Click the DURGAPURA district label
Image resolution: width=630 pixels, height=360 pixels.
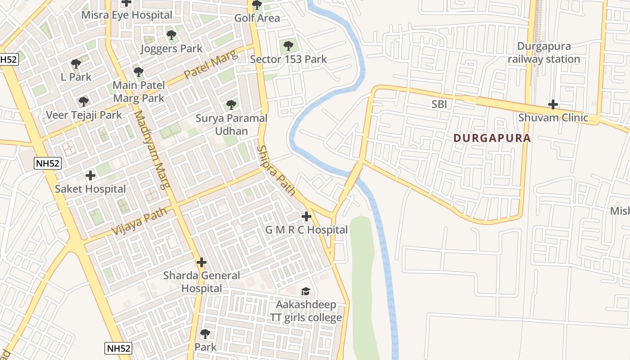point(492,138)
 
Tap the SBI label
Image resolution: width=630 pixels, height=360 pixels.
point(439,104)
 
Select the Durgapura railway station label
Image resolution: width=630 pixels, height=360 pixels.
point(544,53)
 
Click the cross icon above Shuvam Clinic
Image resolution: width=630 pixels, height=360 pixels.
point(553,105)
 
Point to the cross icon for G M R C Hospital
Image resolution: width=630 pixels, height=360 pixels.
point(306,216)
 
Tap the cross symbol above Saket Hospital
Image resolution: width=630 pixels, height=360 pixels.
point(90,175)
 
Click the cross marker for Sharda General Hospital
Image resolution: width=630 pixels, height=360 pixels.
point(202,262)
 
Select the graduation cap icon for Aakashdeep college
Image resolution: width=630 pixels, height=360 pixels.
point(306,291)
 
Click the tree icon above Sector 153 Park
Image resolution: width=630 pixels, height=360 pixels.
point(288,45)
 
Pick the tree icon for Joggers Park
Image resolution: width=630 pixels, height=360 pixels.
point(171,35)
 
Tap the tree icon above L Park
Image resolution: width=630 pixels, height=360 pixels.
point(76,64)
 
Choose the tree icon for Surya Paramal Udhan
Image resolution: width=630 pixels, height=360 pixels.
point(231,105)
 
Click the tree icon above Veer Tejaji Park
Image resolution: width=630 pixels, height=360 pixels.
point(84,102)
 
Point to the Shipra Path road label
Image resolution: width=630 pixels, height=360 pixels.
point(276,171)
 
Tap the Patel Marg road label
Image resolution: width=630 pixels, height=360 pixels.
point(211,66)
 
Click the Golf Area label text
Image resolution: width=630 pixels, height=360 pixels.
point(257,18)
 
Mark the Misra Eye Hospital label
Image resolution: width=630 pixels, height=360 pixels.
point(126,15)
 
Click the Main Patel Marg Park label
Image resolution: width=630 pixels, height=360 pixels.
point(139,91)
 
